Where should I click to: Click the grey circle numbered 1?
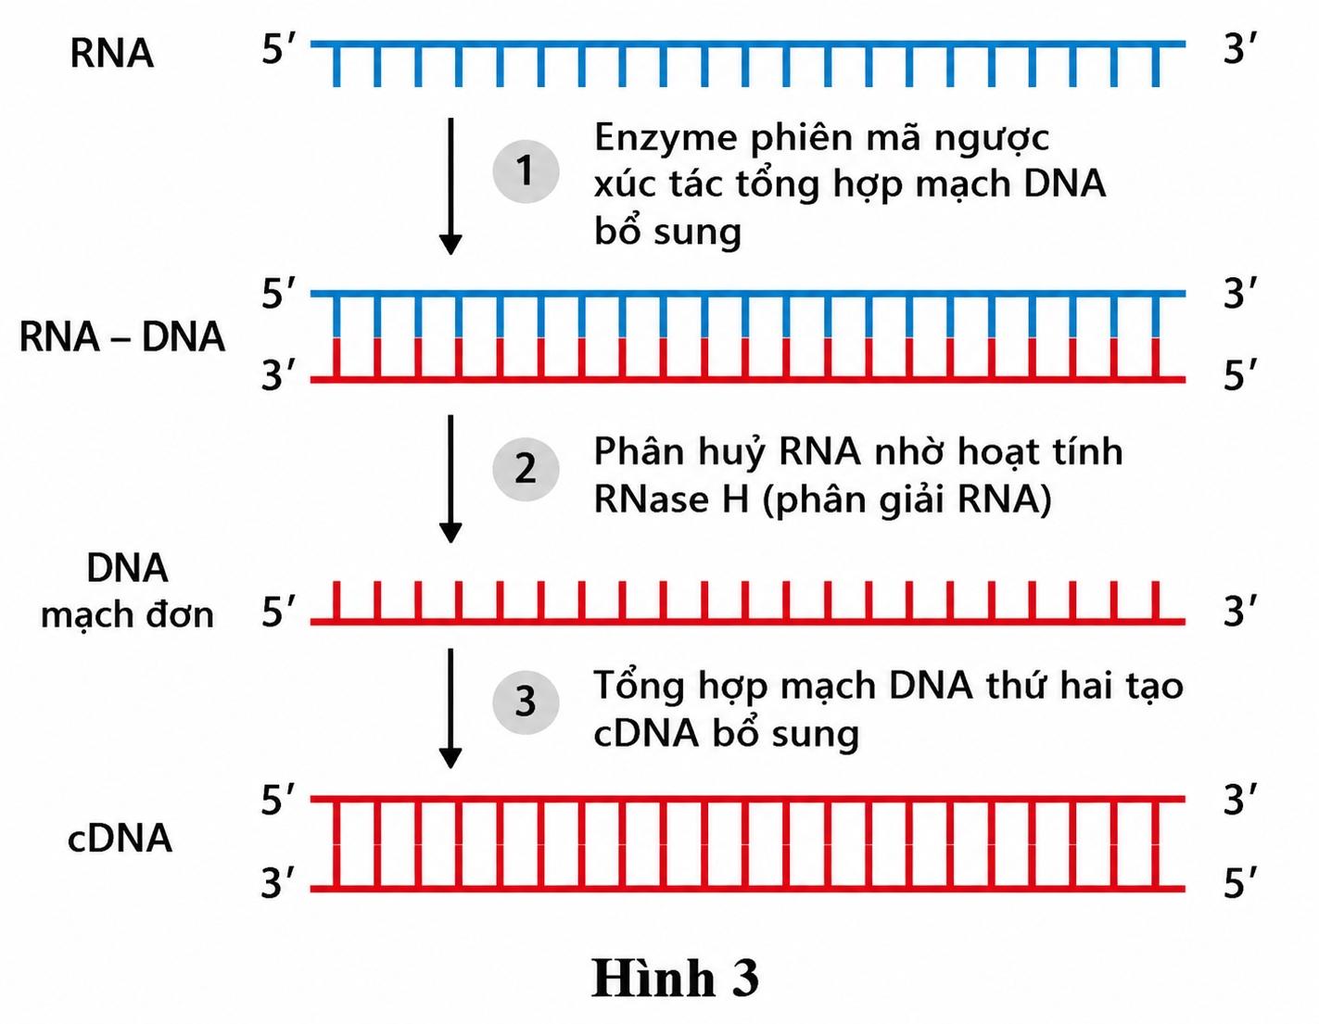(525, 171)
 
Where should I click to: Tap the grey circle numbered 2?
(525, 469)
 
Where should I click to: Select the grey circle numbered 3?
(525, 702)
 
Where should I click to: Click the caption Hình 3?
(675, 978)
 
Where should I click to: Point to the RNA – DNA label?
(122, 336)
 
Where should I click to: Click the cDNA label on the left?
(120, 839)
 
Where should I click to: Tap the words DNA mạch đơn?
(128, 591)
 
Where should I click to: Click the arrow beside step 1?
(450, 186)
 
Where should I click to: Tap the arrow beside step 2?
(450, 478)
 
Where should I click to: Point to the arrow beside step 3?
(450, 708)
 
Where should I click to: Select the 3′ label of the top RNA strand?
(1239, 48)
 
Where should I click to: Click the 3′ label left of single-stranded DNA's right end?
(1239, 611)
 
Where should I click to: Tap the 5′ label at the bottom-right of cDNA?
(1239, 882)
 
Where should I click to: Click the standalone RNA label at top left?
(112, 53)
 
